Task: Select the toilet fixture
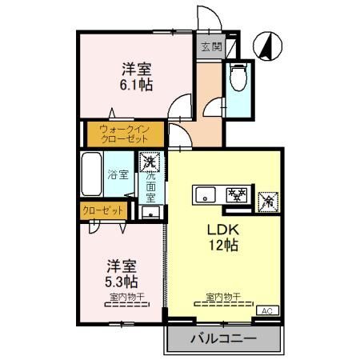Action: point(238,78)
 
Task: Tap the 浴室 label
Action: point(118,174)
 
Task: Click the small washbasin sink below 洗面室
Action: point(149,213)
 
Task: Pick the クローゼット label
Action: point(103,210)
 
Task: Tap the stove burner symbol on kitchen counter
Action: point(237,194)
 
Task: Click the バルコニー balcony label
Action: point(223,339)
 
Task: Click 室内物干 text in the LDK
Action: point(218,298)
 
